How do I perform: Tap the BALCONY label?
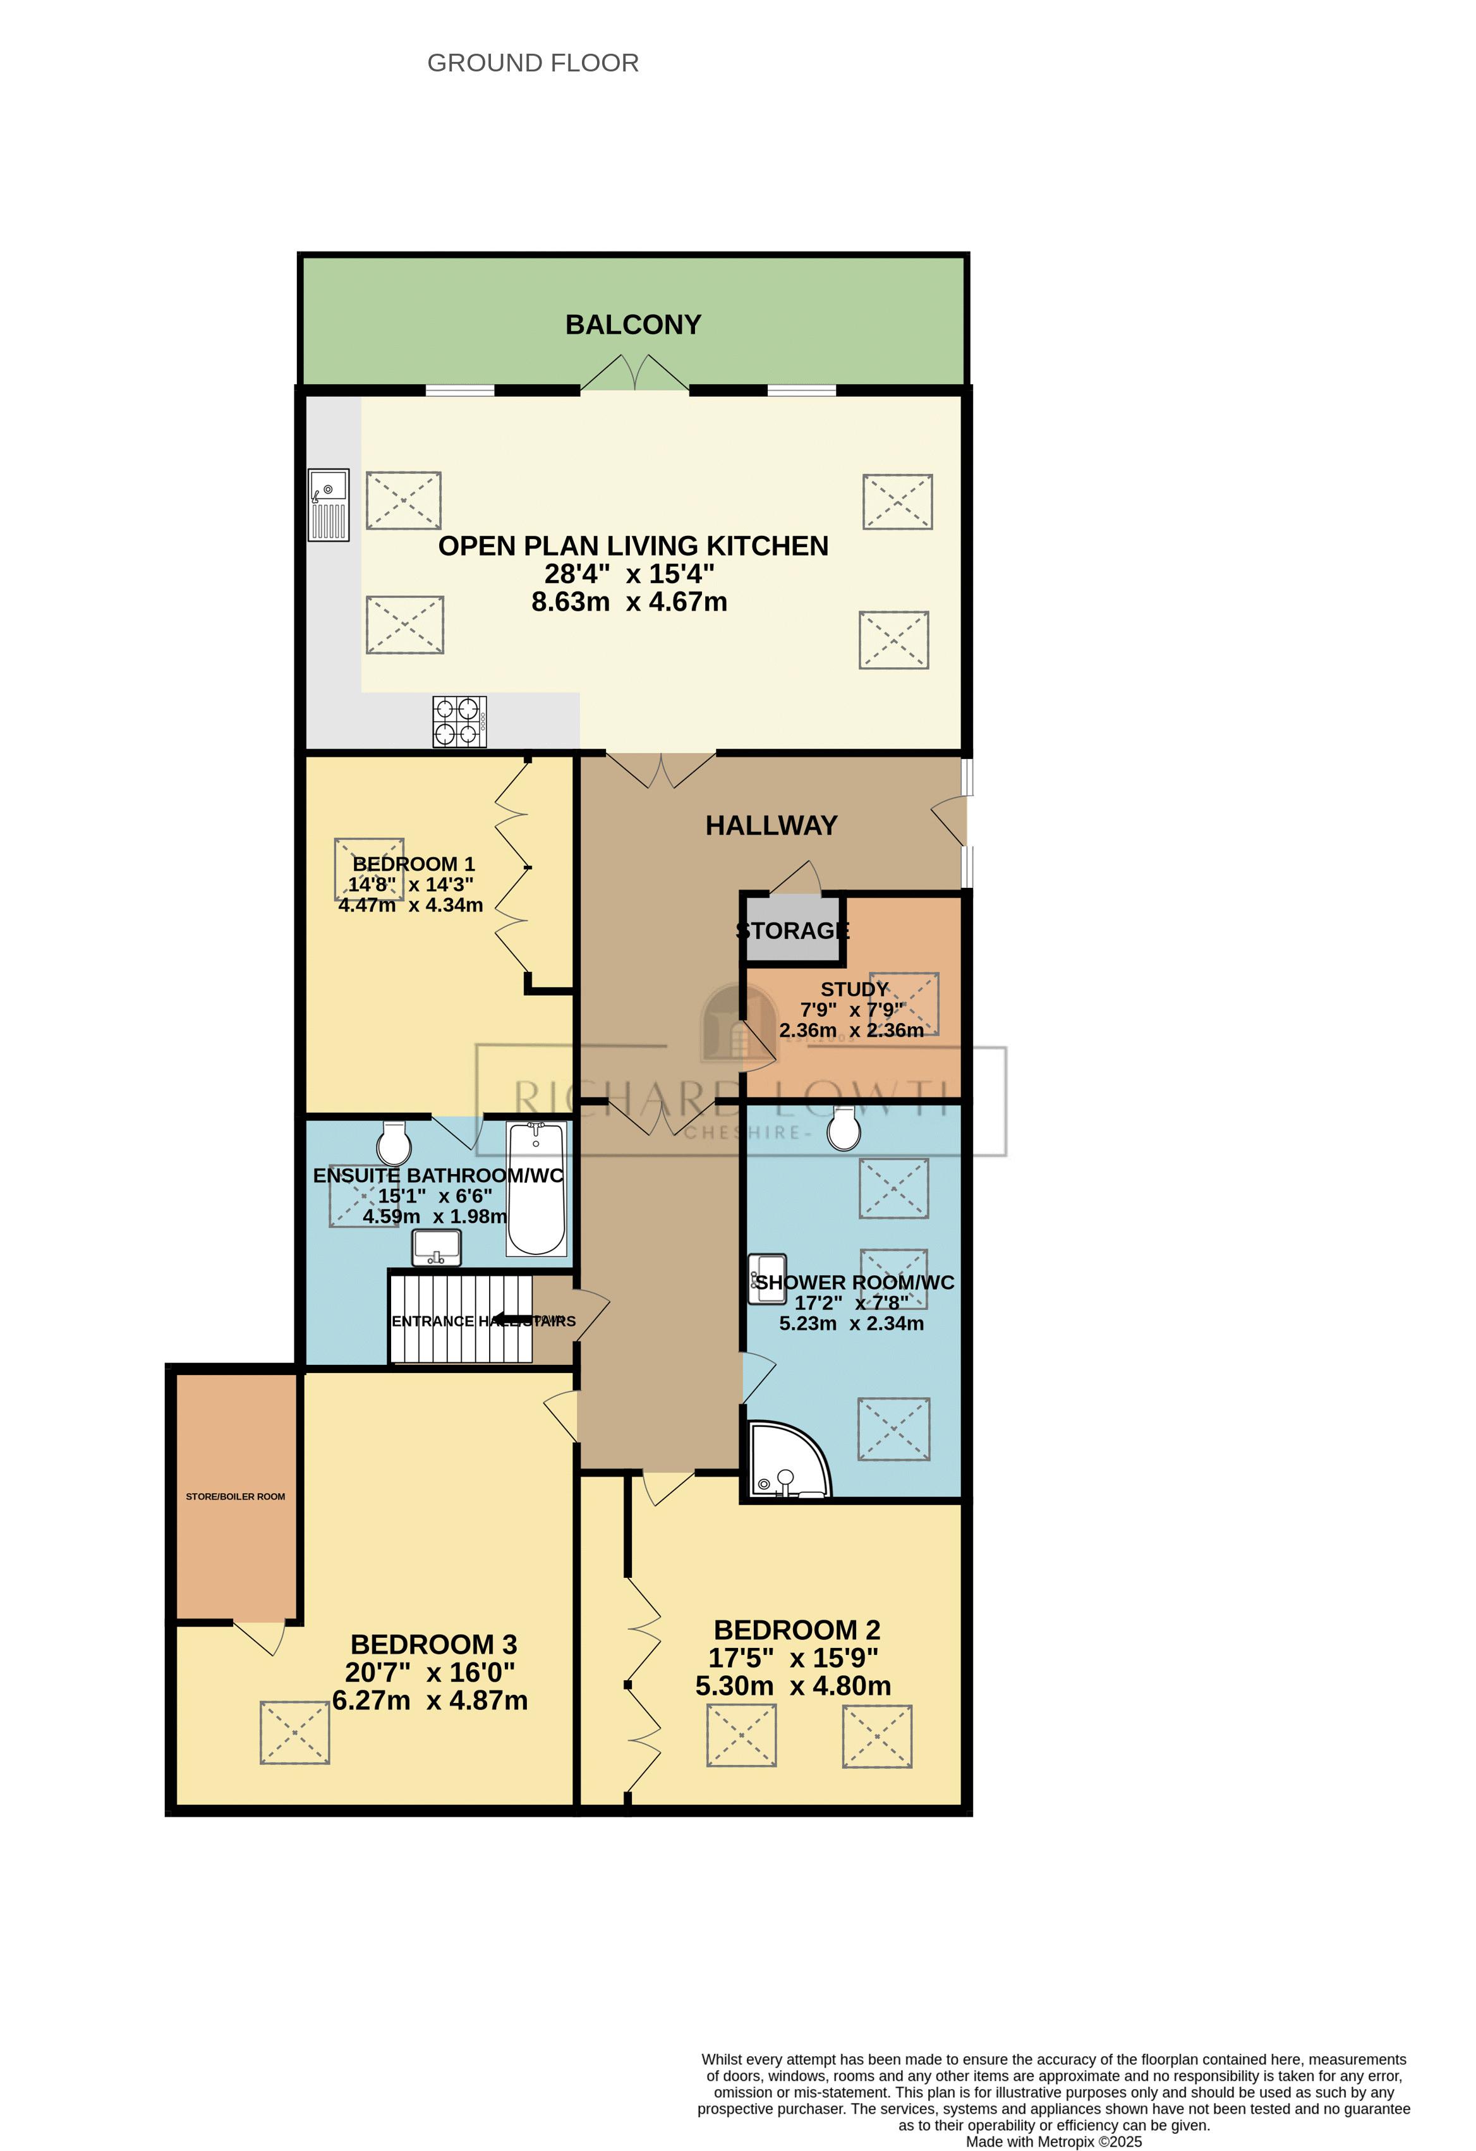[633, 325]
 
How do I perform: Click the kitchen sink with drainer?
[329, 504]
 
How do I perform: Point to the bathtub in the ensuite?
[536, 1189]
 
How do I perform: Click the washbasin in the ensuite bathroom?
[437, 1247]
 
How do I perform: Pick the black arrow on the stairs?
[510, 1319]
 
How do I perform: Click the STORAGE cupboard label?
[792, 930]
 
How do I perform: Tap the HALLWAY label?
[771, 826]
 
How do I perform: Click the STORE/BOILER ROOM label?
[235, 1496]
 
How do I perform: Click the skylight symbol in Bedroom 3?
[294, 1733]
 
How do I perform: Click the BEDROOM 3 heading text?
[433, 1645]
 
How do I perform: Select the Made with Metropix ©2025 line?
[1053, 2141]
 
